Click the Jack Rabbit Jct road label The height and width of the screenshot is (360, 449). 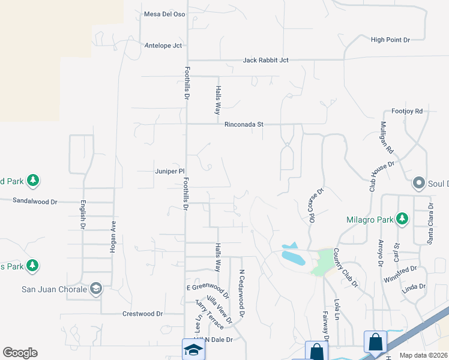[266, 60]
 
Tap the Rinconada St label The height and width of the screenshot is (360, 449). [244, 125]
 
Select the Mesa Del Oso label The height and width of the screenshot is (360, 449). [164, 14]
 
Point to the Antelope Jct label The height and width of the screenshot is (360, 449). [163, 45]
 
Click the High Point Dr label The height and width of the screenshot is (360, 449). [390, 40]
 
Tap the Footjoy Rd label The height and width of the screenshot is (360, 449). [407, 111]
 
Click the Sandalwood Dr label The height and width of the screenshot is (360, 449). [34, 202]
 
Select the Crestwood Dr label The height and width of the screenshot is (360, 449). [142, 313]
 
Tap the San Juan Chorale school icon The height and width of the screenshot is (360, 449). [95, 289]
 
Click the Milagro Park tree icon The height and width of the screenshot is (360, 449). [402, 219]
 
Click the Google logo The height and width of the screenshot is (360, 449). [20, 353]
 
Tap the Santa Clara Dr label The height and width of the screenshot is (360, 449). [430, 223]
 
